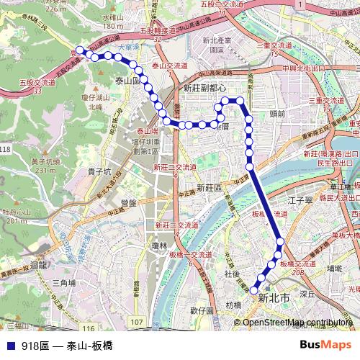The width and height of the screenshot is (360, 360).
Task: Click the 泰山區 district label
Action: coord(127,81)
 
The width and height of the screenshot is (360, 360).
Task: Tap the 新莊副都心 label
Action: coord(205,87)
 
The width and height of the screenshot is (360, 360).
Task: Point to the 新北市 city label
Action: coord(274,297)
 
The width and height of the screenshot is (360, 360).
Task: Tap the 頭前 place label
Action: coord(277,112)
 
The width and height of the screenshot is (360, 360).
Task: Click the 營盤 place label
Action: coord(129,202)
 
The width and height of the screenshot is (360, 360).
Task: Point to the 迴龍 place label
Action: coord(34,264)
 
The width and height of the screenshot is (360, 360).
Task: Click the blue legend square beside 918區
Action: coord(9,346)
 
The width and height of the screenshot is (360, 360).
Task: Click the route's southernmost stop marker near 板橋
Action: coord(253,290)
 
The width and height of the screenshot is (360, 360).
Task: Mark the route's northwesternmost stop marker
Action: coord(81,50)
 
